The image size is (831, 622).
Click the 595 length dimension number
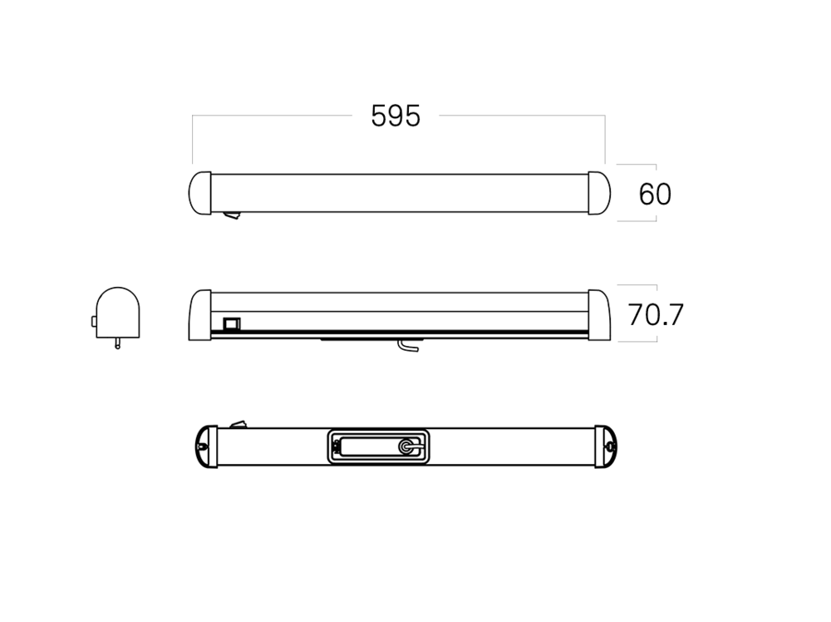pos(396,116)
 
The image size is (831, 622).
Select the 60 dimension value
pos(655,195)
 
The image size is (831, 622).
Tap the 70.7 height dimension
pos(655,314)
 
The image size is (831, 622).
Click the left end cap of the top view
pos(200,193)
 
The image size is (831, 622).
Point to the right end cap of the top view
pos(598,193)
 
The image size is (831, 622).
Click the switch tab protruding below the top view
pos(232,216)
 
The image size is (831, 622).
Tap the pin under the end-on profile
pos(117,341)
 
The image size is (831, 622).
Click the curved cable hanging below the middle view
pos(406,346)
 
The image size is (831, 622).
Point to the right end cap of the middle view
pos(598,313)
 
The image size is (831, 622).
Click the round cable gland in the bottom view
pos(406,447)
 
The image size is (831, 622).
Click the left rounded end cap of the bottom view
pos(205,447)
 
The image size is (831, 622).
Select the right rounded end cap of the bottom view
pos(607,447)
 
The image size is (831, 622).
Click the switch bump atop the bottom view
pos(238,425)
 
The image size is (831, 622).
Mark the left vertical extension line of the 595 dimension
pos(193,140)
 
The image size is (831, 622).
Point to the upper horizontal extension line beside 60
pos(637,164)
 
